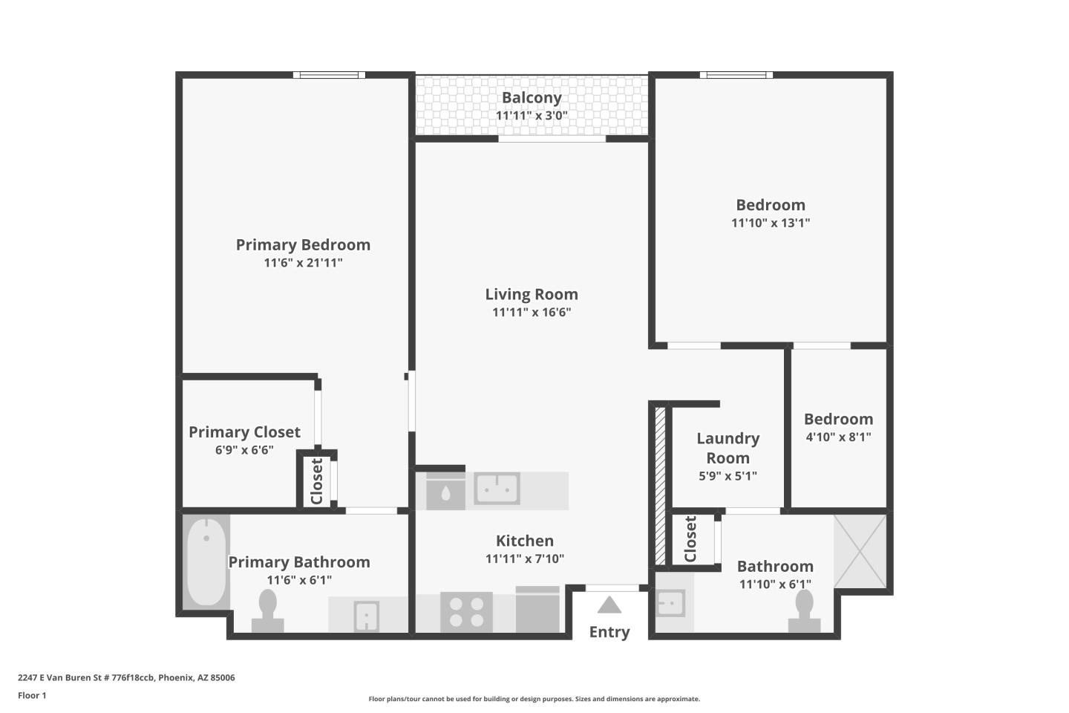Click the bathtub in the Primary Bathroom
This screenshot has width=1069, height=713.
coord(206,562)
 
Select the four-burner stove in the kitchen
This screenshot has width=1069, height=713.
coord(466,612)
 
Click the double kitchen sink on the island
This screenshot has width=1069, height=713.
coord(497,489)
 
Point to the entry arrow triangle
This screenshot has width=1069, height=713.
coord(609,605)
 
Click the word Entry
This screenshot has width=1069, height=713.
coord(609,632)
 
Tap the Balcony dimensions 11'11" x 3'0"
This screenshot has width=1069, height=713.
coord(532,116)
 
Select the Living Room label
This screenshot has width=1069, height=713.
coord(532,294)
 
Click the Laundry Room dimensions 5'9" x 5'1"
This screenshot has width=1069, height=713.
coord(728,475)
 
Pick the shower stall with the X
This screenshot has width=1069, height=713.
coord(860,552)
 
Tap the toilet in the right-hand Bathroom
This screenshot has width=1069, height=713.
coord(804,611)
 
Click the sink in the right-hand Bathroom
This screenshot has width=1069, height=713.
coord(670,603)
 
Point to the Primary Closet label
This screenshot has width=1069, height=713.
coord(244,432)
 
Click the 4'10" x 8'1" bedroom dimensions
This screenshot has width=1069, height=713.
coord(839,437)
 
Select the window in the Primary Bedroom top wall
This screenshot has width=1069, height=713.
coord(329,75)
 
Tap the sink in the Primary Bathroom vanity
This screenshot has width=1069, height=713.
coord(367,616)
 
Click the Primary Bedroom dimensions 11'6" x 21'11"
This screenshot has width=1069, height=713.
coord(303,263)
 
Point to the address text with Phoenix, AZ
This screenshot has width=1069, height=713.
coord(126,677)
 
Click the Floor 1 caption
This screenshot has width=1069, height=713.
coord(32,695)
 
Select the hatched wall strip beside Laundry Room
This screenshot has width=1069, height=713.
coord(660,486)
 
